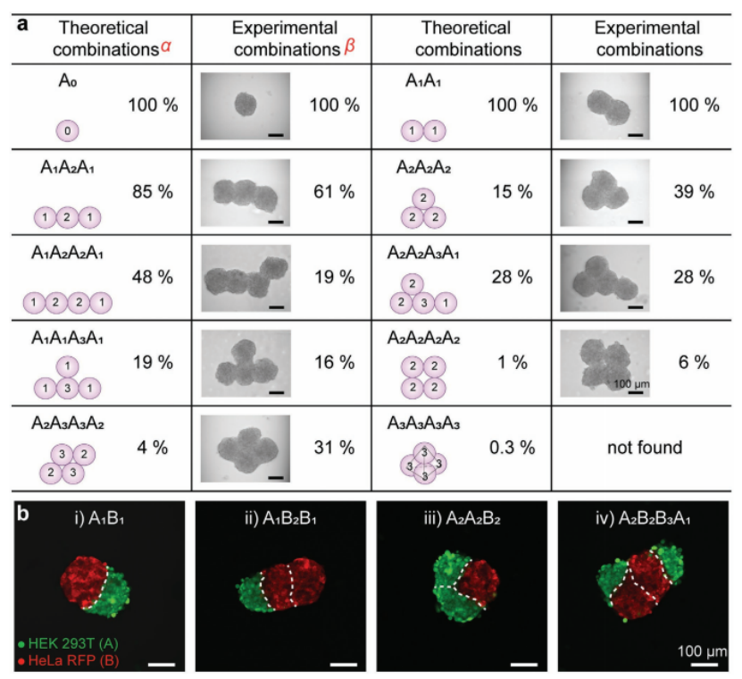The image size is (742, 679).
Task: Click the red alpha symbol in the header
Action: (165, 46)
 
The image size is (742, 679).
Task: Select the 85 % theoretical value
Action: (152, 190)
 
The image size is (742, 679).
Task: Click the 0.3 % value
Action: (511, 446)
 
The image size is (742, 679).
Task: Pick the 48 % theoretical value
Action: (152, 276)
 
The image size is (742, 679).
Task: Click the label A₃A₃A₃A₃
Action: (424, 423)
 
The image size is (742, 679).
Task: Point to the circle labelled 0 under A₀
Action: (69, 131)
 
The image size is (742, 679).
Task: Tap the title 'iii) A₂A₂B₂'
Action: (461, 516)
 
